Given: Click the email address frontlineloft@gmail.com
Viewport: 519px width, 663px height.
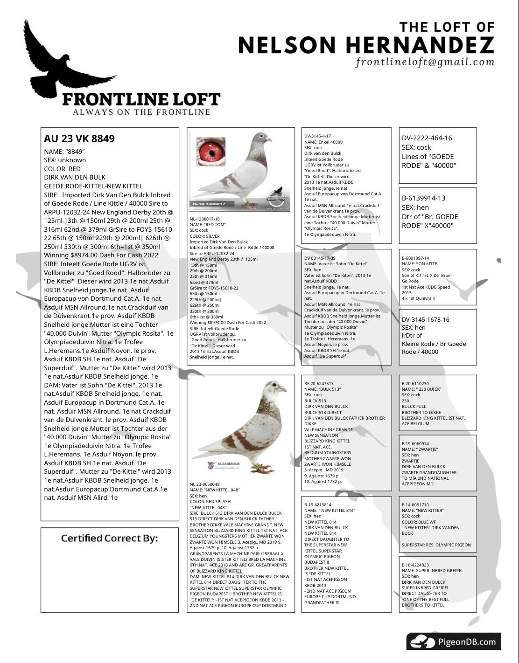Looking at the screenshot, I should tap(425, 62).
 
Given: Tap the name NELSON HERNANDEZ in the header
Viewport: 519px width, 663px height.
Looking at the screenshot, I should tap(366, 45).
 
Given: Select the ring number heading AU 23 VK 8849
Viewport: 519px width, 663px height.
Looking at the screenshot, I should tap(79, 138).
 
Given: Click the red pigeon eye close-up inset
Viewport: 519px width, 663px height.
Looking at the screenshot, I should tap(210, 151).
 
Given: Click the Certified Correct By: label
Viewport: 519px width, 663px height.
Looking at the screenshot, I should tap(109, 539).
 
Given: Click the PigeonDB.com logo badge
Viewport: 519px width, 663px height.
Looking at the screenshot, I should tap(453, 642).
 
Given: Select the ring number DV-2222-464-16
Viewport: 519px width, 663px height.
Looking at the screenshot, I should tap(427, 138).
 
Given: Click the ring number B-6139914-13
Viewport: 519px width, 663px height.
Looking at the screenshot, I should tap(423, 198).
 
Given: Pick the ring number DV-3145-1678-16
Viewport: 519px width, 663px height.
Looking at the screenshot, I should tap(425, 319).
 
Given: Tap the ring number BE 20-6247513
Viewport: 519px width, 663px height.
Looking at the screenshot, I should tap(319, 384).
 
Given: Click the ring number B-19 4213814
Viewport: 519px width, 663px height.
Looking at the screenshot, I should tap(318, 504).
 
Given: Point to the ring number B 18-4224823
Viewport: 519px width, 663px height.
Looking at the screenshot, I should tap(415, 565).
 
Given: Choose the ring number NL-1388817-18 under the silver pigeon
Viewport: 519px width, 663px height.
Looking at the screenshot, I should tap(204, 219).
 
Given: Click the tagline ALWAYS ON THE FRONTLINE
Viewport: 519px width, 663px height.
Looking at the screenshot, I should tap(141, 112).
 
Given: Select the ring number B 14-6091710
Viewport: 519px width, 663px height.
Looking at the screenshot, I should tap(415, 504).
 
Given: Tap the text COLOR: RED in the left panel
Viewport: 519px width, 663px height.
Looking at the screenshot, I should tap(63, 169).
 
